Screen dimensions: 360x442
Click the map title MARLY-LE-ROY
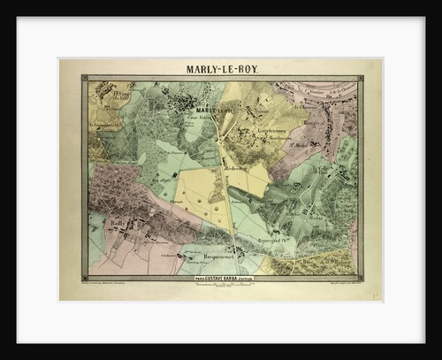tap(220, 67)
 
